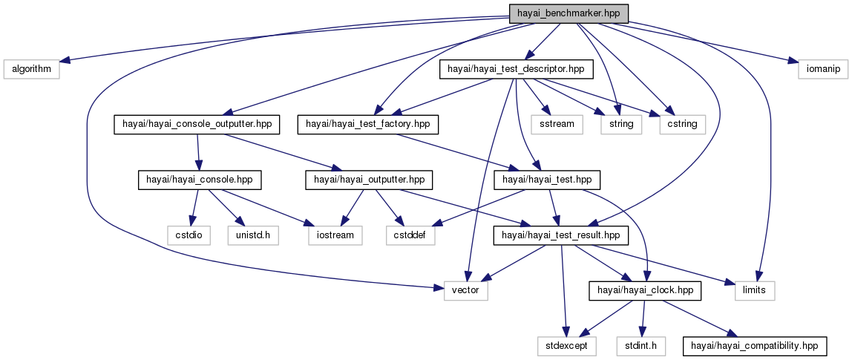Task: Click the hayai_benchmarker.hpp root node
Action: tap(568, 13)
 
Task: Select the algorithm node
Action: tap(31, 69)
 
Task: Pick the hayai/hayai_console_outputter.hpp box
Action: tap(196, 124)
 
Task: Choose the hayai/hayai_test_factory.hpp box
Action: tap(368, 124)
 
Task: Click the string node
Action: tap(620, 124)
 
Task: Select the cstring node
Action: tap(682, 124)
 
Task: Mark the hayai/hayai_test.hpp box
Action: tap(547, 180)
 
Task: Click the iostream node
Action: tap(332, 235)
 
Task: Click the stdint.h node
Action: tap(641, 345)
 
